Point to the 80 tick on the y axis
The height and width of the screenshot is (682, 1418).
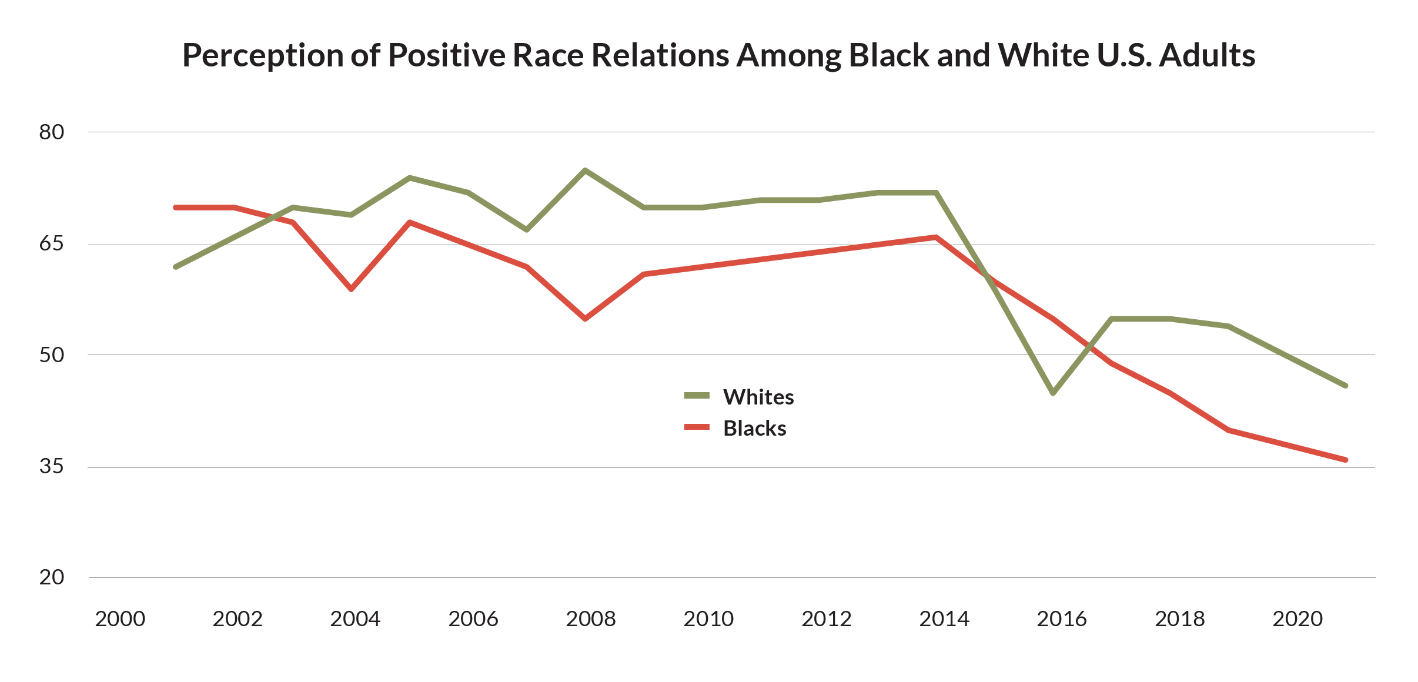[52, 132]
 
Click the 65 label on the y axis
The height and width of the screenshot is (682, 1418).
[52, 243]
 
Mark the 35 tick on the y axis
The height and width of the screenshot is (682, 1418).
[52, 466]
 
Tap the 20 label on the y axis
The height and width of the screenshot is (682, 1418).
[52, 577]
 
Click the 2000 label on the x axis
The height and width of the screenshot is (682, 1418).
[120, 619]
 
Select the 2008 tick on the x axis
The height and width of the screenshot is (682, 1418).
[591, 619]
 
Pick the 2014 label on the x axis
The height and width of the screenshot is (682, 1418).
[944, 619]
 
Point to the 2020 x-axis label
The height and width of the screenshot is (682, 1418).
[1297, 619]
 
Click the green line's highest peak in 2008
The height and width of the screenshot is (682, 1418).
[585, 170]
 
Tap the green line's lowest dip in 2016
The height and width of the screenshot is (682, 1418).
[1053, 393]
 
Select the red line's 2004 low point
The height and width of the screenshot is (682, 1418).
[352, 289]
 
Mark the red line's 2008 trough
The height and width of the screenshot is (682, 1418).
[585, 319]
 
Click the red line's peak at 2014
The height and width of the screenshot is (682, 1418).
[936, 237]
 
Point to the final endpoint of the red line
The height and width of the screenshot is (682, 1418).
[1346, 460]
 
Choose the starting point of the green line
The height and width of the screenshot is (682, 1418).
[176, 267]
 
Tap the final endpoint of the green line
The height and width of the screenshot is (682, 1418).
[1346, 386]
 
